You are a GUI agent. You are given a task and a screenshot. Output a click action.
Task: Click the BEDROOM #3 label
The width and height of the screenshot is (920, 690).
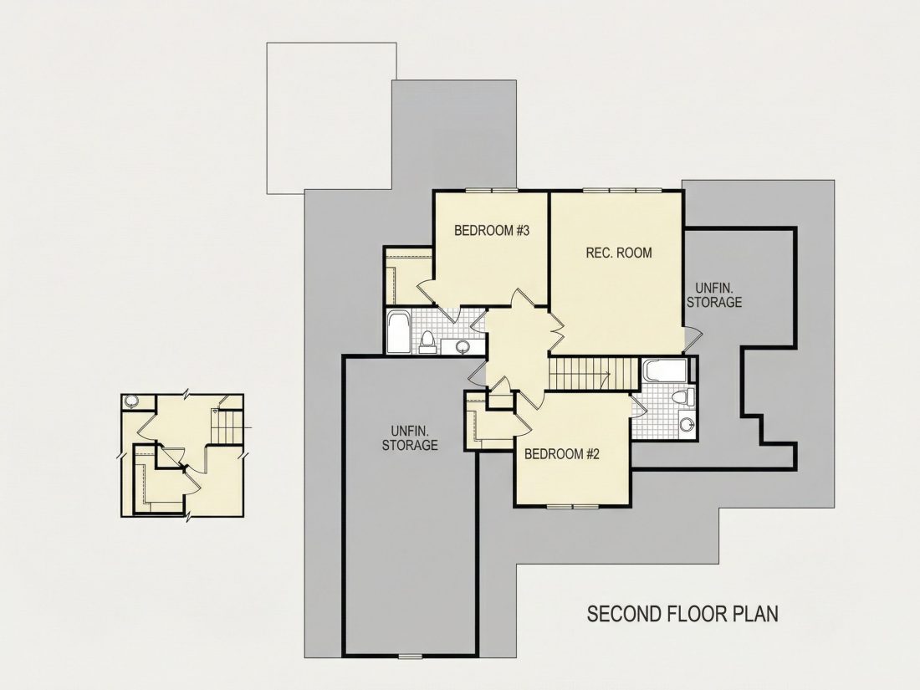(x=492, y=231)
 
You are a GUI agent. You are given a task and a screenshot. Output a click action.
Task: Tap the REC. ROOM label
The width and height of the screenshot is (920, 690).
(x=618, y=253)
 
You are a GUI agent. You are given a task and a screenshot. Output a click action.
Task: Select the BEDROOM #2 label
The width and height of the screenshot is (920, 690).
(x=561, y=454)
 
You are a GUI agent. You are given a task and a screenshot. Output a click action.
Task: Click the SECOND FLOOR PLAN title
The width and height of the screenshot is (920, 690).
(x=682, y=614)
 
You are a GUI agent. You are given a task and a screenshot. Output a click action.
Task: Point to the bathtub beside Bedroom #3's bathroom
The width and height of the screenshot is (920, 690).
(x=400, y=332)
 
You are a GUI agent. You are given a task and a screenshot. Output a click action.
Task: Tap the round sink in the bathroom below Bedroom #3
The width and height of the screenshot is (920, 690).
(x=463, y=346)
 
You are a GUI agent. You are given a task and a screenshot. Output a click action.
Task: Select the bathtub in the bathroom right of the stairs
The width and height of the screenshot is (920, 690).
(x=665, y=371)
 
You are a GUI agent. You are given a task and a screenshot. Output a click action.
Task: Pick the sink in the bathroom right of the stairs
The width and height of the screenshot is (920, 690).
(x=687, y=424)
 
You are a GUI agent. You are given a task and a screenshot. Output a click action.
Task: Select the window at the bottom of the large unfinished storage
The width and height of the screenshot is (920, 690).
(x=410, y=656)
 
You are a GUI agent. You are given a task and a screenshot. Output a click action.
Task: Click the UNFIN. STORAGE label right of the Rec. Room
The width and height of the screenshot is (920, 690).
(x=714, y=295)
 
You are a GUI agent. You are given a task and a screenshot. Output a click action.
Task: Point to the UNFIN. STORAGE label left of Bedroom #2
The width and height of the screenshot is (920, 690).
(x=410, y=437)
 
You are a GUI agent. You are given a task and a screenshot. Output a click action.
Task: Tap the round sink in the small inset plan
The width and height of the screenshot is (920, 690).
(x=131, y=401)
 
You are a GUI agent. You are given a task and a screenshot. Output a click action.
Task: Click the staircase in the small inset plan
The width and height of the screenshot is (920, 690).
(x=227, y=426)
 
